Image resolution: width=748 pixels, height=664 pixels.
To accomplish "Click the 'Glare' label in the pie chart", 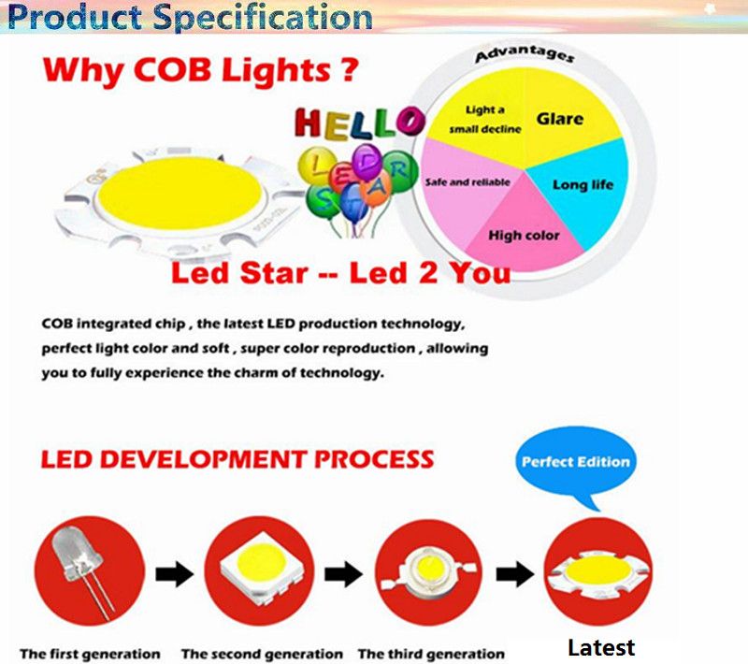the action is [559, 119].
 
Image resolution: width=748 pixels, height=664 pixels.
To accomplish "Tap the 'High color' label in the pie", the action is [524, 235].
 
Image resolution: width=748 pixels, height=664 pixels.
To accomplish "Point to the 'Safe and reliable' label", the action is [467, 182].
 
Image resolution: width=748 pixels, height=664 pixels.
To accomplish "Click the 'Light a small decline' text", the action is [485, 120].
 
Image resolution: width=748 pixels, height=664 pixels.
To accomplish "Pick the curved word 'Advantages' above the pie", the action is [525, 54].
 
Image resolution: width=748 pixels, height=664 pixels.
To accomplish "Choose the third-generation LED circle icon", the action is [429, 572].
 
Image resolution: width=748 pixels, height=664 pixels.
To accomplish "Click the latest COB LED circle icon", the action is [598, 571].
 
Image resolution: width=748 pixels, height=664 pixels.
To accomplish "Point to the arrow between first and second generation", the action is [175, 574].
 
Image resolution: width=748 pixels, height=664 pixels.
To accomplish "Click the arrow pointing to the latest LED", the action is [515, 574].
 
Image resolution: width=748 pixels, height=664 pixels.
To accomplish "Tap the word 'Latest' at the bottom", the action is [601, 648].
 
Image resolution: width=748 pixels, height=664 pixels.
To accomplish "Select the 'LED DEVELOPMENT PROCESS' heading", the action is [237, 459].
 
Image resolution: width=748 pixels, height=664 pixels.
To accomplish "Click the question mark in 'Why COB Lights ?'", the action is [350, 69].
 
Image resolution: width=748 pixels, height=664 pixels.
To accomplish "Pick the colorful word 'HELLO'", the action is [360, 123].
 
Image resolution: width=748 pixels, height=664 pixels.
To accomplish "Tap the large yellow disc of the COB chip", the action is [180, 194].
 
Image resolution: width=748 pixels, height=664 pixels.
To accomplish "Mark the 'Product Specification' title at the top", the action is [190, 17].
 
